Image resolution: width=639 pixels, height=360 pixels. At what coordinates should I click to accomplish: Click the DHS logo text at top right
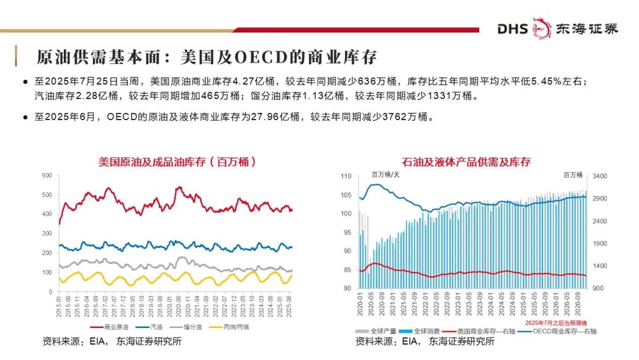[x=512, y=28]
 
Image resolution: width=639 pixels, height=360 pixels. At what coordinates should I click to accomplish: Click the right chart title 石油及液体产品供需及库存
[x=466, y=161]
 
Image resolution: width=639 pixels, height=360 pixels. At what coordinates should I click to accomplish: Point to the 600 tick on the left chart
[x=47, y=176]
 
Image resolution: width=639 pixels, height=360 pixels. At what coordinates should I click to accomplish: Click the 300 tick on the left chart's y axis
[x=47, y=234]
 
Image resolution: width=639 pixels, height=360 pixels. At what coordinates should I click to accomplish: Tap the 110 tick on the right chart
[x=346, y=176]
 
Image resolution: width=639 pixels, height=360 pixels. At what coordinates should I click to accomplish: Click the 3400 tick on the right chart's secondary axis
[x=601, y=176]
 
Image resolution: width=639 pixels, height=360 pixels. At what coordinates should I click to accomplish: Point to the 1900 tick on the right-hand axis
[x=601, y=244]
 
